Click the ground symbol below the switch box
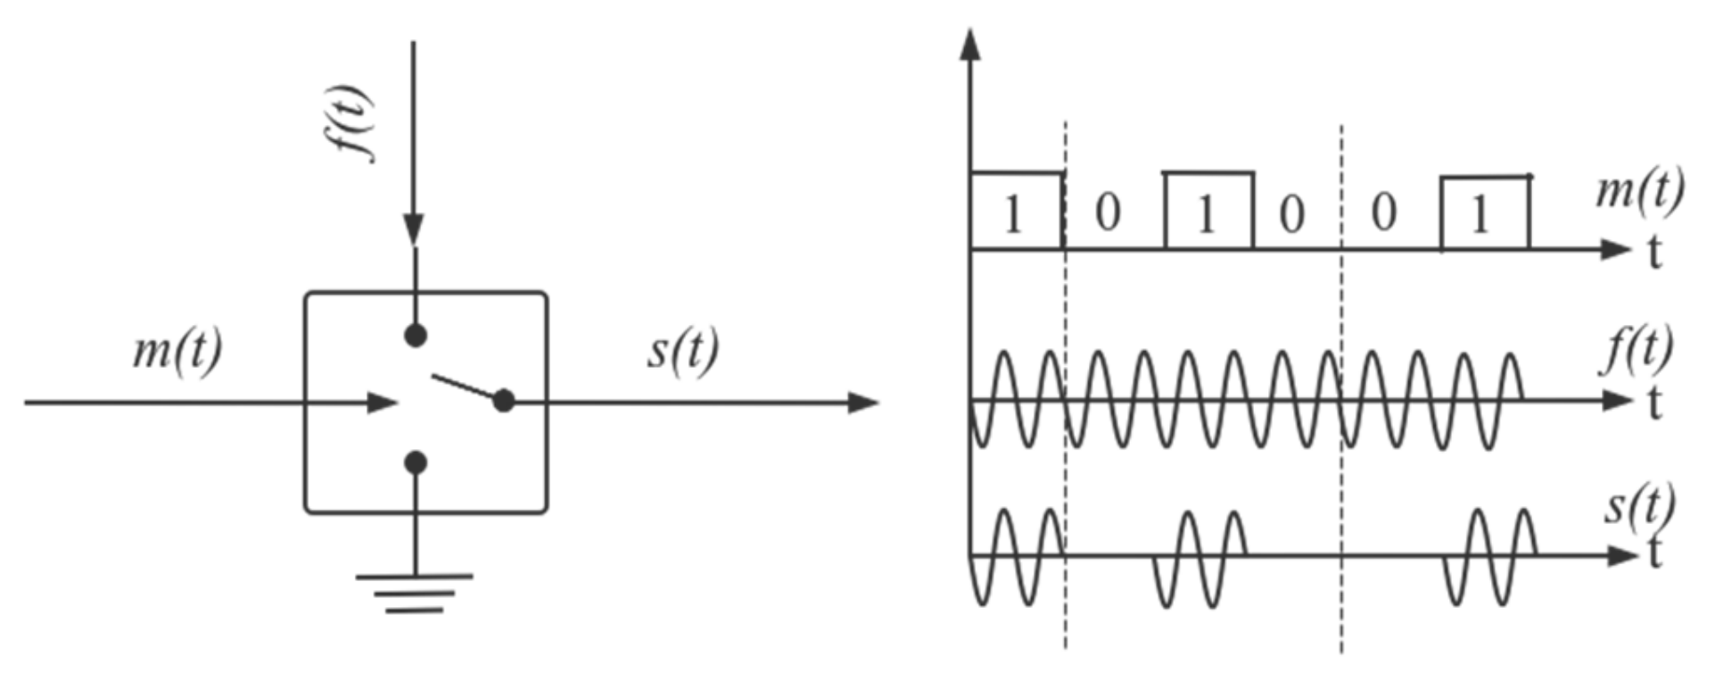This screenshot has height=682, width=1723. tap(415, 593)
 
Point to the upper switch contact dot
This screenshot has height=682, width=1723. tap(416, 336)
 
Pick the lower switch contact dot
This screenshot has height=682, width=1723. tap(416, 462)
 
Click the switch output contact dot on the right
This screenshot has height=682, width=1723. tap(504, 401)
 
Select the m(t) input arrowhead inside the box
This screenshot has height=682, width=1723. tap(382, 403)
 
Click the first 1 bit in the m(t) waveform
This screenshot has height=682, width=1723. tap(1012, 215)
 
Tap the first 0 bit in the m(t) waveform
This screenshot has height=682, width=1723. tap(1107, 213)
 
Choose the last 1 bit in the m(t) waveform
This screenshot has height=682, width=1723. tap(1480, 215)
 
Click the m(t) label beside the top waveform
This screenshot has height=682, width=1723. tap(1638, 190)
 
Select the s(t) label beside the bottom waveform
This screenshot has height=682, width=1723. tap(1639, 505)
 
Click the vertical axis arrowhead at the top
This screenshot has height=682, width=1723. tap(970, 45)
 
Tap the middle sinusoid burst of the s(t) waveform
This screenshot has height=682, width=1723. tap(1200, 558)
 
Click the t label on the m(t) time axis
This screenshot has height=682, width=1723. tap(1654, 253)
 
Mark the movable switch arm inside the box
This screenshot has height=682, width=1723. tap(464, 387)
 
